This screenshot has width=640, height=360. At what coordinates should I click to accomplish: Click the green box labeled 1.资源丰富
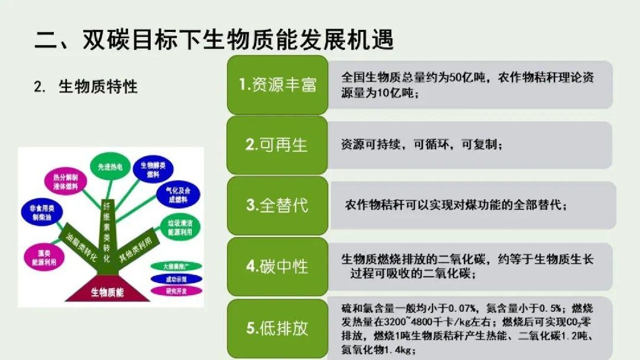pos(277,85)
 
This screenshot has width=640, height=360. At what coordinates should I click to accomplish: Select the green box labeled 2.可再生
pos(277,145)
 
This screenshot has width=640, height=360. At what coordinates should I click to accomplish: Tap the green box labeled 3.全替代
pos(277,205)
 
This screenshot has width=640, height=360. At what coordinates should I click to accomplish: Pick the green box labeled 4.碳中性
pos(277,266)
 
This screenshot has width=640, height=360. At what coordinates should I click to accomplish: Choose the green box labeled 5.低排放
pos(277,327)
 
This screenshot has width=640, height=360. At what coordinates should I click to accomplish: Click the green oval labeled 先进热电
pos(110,167)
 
